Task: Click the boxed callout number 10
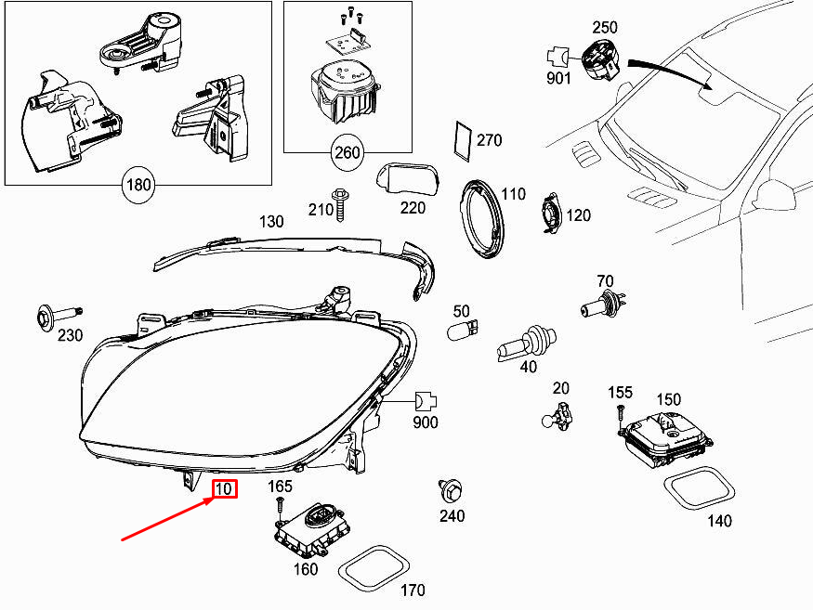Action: pos(225,488)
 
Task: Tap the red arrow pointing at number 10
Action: pos(167,516)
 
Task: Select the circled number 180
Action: pos(138,185)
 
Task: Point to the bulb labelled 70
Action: pos(603,305)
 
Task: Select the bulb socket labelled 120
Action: pos(550,214)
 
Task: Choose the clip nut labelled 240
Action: pos(452,490)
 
